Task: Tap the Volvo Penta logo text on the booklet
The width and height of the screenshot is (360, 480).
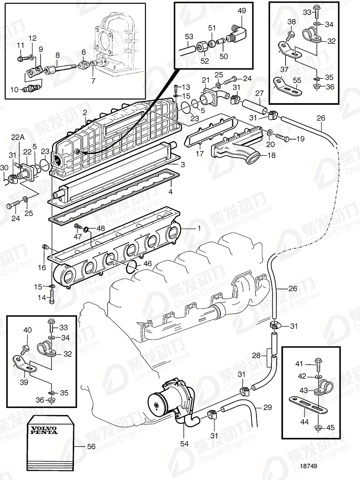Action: coord(42,430)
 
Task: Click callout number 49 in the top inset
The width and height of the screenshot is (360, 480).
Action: coord(241,11)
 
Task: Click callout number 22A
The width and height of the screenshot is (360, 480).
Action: coord(17,137)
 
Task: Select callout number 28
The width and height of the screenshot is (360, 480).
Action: coord(256,355)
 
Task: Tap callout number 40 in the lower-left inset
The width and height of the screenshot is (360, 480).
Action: coord(27,330)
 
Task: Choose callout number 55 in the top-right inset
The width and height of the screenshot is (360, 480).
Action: coord(297,80)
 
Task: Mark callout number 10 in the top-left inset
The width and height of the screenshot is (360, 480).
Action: coord(14,89)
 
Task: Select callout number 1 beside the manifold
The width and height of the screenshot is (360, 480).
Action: coord(198,228)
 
